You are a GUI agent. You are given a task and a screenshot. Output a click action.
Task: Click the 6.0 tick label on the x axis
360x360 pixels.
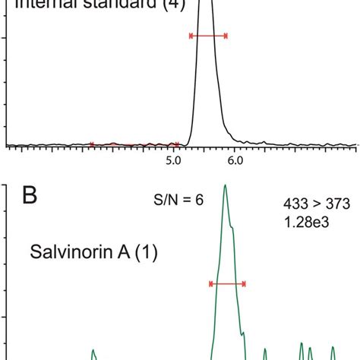235,161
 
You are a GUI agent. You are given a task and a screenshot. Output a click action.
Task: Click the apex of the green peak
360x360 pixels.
224,185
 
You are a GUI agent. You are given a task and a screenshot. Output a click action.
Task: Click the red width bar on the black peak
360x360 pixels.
207,36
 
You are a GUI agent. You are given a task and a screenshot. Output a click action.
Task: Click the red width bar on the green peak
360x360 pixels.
227,284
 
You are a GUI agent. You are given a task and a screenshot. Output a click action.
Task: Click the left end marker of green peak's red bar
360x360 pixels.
210,284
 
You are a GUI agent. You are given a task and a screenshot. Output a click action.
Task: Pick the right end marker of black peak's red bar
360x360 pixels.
226,36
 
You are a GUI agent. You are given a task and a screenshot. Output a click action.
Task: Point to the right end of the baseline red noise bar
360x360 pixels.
177,144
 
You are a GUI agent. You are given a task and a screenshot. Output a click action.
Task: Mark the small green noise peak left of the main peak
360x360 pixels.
93,352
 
